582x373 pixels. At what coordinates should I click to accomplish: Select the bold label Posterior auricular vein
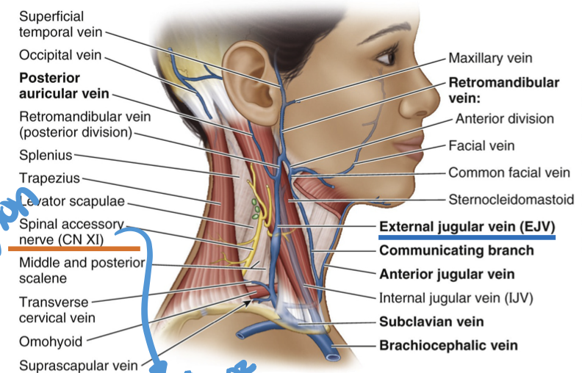(x=63, y=85)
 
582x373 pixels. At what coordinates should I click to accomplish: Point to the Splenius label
(x=45, y=155)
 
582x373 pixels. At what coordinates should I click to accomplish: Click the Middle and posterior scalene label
(x=80, y=270)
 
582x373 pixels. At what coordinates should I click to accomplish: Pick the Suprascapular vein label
(x=73, y=365)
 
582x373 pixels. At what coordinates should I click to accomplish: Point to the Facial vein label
(x=481, y=145)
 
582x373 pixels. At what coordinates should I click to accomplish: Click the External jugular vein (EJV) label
(x=466, y=227)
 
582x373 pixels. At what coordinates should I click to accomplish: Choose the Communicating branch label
(x=456, y=250)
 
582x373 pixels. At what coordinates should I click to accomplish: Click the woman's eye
(x=387, y=57)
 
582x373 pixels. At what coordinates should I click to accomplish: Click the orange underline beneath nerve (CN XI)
(x=73, y=249)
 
